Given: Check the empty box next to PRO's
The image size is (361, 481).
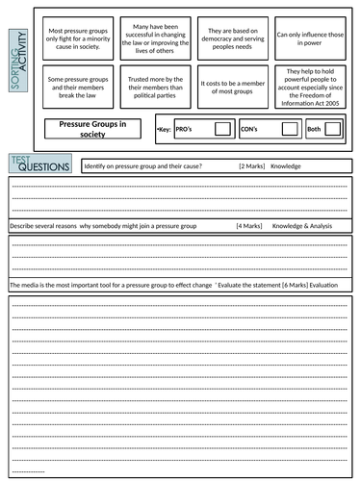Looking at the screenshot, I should click(221, 128).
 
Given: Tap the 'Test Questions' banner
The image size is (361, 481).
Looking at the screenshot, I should click(39, 165).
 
